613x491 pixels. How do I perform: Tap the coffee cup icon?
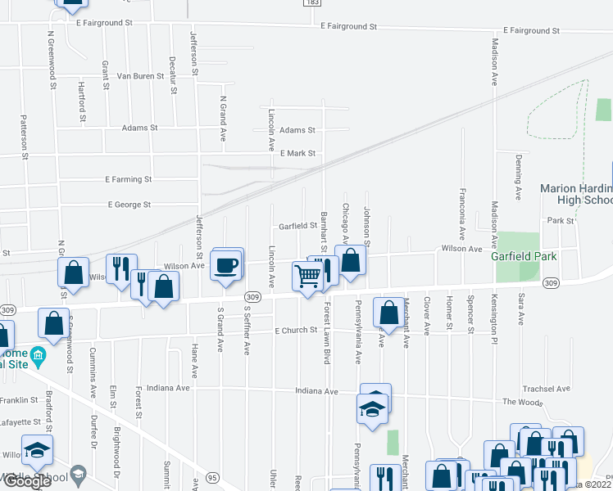click(226, 266)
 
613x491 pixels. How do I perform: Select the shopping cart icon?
click(306, 276)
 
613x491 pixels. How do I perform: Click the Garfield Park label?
click(524, 256)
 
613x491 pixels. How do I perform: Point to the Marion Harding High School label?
click(576, 194)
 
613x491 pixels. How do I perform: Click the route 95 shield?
click(212, 477)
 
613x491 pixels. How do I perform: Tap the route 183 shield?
click(312, 3)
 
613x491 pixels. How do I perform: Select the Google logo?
click(27, 480)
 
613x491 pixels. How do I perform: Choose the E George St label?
click(129, 205)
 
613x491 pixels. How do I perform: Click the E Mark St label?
click(297, 153)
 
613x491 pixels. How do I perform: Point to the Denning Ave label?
click(519, 181)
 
